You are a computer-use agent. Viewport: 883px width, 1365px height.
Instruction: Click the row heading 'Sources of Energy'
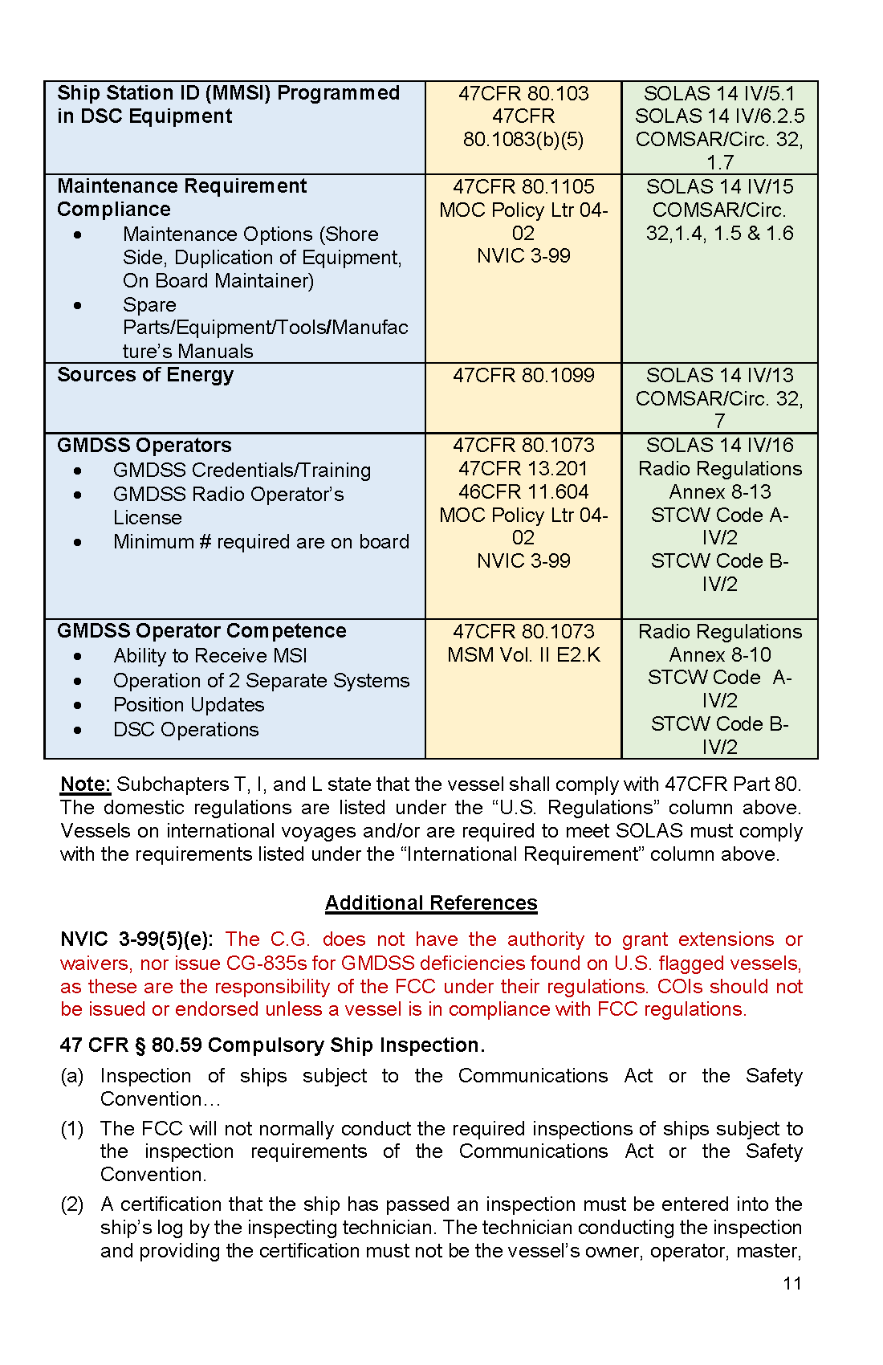[145, 375]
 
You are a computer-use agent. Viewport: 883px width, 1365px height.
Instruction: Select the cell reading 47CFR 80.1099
[523, 376]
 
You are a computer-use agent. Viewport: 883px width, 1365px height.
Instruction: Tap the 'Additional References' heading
[431, 903]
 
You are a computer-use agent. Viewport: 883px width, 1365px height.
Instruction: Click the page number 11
[792, 1283]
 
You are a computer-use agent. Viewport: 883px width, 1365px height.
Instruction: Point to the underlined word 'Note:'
[85, 784]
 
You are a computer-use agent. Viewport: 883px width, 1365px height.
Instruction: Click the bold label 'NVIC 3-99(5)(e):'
[136, 939]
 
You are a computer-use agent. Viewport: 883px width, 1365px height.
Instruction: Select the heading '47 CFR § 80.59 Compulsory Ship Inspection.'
[272, 1045]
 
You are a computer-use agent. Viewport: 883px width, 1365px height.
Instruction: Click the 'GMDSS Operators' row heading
[144, 446]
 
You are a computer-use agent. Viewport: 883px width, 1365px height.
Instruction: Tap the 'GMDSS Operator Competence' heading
[201, 631]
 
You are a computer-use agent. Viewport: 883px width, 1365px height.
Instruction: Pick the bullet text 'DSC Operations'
[186, 730]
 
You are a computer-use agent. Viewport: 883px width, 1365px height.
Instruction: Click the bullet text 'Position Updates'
[189, 705]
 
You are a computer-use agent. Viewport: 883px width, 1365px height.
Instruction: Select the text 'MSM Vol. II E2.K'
[523, 655]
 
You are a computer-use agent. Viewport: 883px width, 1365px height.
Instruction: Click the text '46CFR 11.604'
[523, 492]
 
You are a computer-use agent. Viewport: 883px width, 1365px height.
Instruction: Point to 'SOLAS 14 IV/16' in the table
[719, 446]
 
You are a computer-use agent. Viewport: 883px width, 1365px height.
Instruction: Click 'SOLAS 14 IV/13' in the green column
[719, 376]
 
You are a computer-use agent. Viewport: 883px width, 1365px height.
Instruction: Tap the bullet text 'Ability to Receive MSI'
[210, 656]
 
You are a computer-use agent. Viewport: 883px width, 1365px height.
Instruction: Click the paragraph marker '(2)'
[72, 1204]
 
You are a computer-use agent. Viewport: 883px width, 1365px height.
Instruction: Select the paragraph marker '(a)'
[72, 1076]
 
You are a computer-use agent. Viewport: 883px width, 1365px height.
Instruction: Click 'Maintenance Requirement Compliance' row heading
[181, 198]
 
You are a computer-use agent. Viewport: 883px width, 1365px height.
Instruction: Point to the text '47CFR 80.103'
[523, 94]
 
